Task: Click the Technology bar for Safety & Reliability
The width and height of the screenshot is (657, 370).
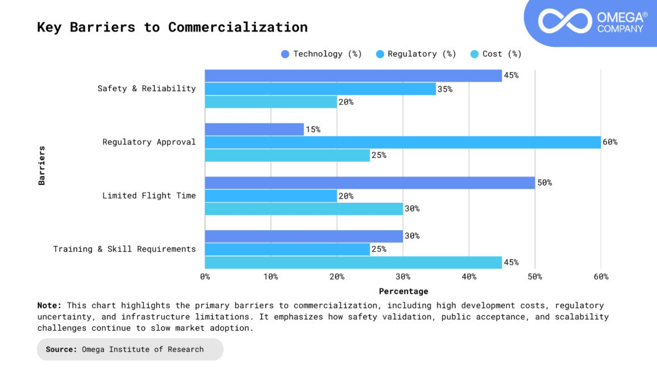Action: click(353, 76)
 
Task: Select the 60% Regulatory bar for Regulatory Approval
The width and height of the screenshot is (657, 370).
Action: click(403, 142)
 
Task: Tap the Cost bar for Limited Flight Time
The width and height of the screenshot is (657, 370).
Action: click(303, 209)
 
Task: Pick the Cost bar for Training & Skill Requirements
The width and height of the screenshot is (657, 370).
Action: click(353, 262)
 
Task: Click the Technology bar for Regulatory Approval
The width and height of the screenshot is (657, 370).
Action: click(254, 129)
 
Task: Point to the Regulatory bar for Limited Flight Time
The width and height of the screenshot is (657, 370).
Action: click(271, 196)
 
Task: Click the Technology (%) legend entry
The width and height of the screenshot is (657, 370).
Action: click(321, 54)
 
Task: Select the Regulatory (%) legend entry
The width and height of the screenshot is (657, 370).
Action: click(415, 54)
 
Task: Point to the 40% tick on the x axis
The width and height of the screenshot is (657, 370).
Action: click(469, 277)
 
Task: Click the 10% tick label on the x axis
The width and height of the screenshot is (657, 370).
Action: click(271, 277)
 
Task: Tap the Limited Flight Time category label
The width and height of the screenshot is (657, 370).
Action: click(149, 196)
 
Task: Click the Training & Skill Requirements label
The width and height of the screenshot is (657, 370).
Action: click(124, 249)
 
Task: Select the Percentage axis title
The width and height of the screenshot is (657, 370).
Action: click(403, 292)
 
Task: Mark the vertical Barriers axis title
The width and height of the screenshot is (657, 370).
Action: click(42, 166)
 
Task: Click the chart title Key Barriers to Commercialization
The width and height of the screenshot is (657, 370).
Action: click(172, 28)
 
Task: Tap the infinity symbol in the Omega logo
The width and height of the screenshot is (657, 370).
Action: click(564, 21)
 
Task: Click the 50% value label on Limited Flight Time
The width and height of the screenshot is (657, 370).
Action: click(543, 183)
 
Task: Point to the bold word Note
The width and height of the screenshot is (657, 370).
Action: click(49, 306)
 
